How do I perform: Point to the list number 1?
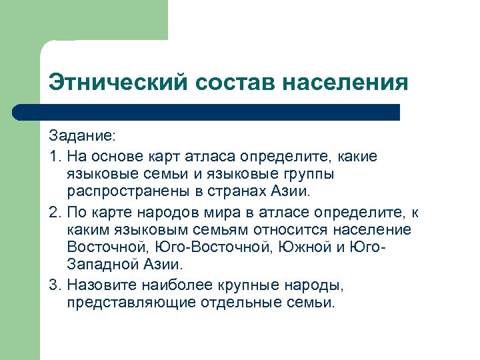click(x=53, y=157)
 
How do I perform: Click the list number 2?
click(x=53, y=211)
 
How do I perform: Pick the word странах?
click(x=242, y=193)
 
